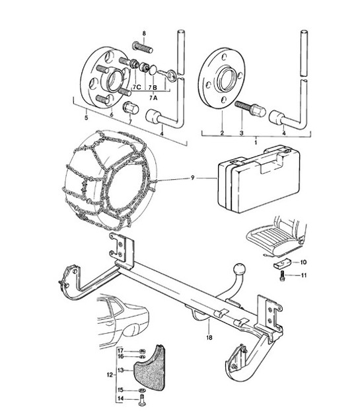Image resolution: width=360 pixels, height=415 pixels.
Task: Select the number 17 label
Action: (x=120, y=350)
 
